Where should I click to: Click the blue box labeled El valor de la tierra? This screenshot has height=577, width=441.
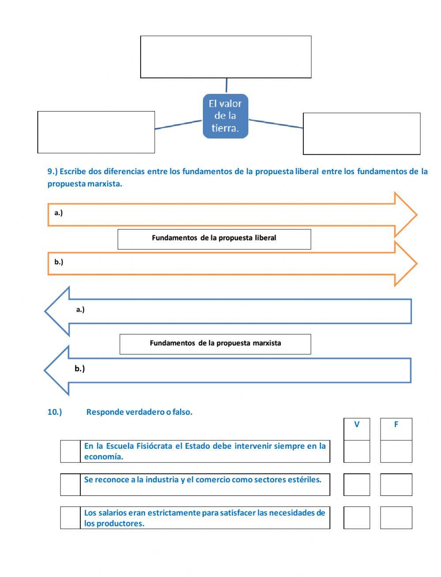225,116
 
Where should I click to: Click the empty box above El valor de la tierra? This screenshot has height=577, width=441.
226,57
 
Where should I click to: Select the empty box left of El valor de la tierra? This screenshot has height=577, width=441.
96,132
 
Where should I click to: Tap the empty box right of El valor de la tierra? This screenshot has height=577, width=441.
362,134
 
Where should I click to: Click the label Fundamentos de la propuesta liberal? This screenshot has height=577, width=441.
214,238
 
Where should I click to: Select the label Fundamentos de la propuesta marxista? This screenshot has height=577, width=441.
215,343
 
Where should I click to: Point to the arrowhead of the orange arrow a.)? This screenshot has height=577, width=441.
405,215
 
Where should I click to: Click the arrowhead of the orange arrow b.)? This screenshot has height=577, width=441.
405,264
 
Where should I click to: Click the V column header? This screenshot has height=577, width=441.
357,425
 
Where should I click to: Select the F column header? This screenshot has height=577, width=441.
396,425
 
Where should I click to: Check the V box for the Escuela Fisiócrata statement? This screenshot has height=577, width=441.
357,451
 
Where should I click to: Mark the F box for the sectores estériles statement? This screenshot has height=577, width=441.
396,484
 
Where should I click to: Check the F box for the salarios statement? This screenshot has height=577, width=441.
396,517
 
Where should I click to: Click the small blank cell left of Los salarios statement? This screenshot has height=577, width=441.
70,517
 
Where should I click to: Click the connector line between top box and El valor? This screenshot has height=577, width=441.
227,86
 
